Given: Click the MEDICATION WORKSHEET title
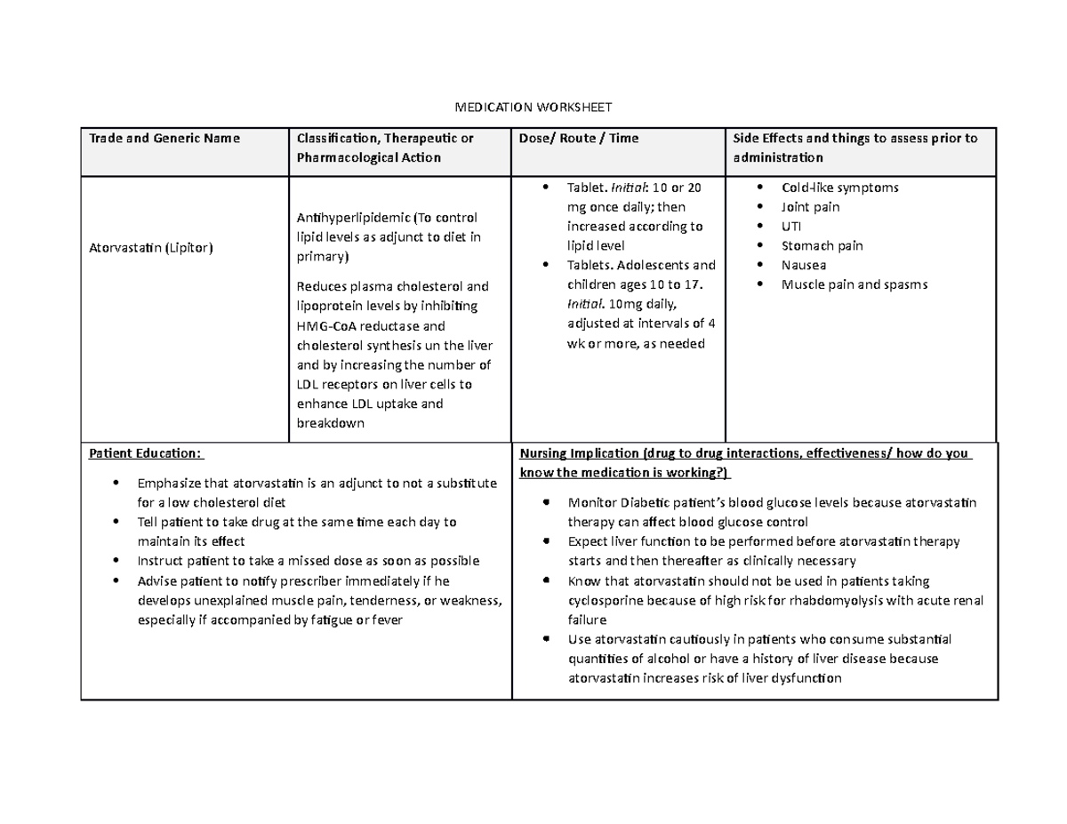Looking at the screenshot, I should tap(533, 108).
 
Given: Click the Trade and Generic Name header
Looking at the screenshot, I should tap(163, 138).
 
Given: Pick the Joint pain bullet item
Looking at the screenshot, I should tap(810, 207).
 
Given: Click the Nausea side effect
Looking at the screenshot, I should tap(803, 265).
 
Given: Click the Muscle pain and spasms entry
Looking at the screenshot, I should tap(854, 284).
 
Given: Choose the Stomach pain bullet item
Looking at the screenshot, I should tap(822, 245).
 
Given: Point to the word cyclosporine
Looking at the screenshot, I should tap(605, 601).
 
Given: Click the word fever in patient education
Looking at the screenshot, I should tap(387, 620).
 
